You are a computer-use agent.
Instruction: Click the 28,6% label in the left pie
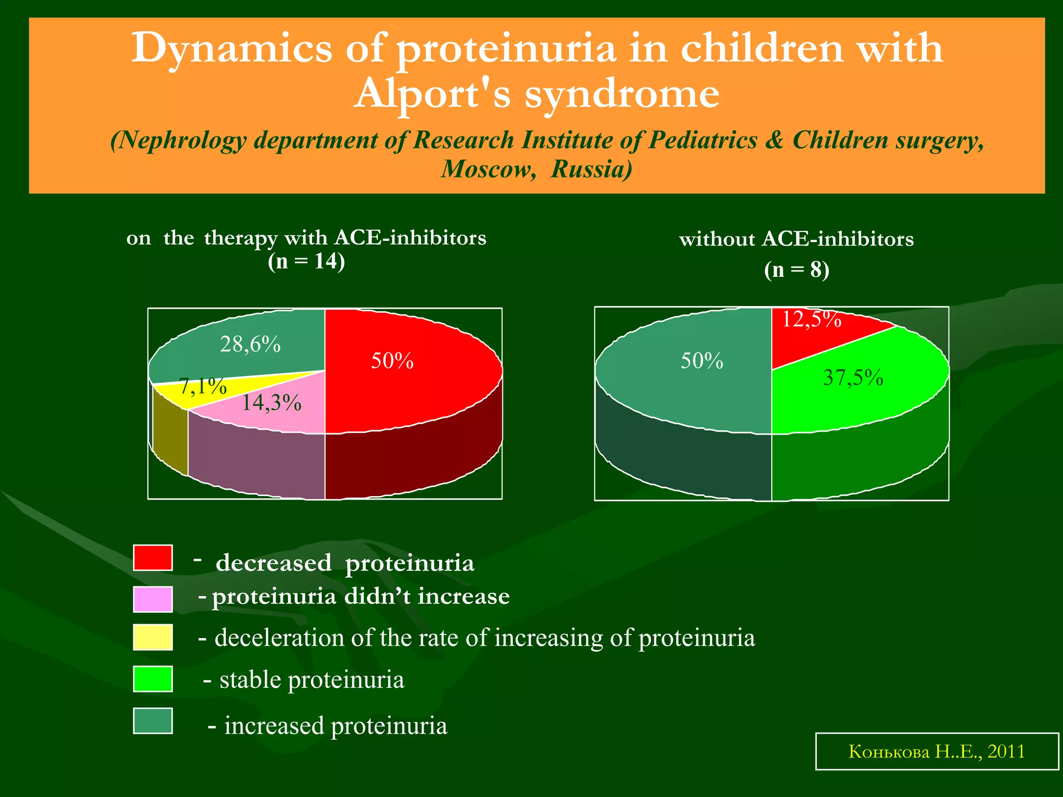[250, 345]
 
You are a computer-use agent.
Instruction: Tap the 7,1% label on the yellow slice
[203, 386]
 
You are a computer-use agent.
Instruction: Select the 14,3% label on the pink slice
[271, 403]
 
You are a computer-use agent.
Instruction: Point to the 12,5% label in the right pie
[811, 319]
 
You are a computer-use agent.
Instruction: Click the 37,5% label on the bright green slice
[853, 378]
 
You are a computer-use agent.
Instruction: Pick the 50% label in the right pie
[702, 361]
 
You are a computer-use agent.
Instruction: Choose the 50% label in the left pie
[392, 361]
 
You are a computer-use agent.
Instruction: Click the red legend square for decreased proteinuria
[153, 558]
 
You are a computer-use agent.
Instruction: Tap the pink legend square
[153, 599]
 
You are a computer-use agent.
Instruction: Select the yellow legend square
[153, 637]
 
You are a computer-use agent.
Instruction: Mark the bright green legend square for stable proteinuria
[153, 679]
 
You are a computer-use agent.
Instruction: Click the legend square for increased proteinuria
[153, 721]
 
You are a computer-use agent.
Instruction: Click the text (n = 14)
[306, 261]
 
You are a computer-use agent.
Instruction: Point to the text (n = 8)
[796, 270]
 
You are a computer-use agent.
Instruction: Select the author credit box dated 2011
[936, 751]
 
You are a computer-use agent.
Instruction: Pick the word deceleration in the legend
[279, 638]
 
